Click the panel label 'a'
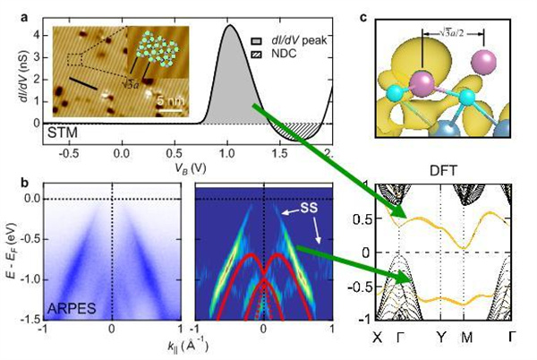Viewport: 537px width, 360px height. (x=24, y=17)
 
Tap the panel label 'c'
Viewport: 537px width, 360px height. (x=363, y=17)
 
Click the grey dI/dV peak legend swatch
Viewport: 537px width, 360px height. (x=257, y=41)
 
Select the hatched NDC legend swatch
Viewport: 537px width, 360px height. (x=257, y=55)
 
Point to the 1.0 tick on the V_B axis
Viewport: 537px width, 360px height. (x=227, y=154)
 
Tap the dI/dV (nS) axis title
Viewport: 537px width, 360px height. (x=24, y=76)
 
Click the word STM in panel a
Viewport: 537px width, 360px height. (x=63, y=133)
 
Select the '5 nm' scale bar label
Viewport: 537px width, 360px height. (x=171, y=101)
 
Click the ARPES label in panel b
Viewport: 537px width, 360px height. (x=72, y=309)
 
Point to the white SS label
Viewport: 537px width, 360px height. (x=309, y=208)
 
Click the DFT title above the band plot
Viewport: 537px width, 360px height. (x=443, y=170)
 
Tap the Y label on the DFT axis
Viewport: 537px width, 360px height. (x=441, y=339)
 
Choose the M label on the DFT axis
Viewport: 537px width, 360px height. (x=466, y=339)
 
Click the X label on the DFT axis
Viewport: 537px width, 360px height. (x=378, y=339)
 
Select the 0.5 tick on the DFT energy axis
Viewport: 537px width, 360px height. (x=362, y=219)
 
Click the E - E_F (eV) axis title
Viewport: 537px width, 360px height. (x=14, y=253)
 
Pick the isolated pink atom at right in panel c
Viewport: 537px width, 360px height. (x=483, y=62)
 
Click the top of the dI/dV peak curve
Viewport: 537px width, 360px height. (x=230, y=25)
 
